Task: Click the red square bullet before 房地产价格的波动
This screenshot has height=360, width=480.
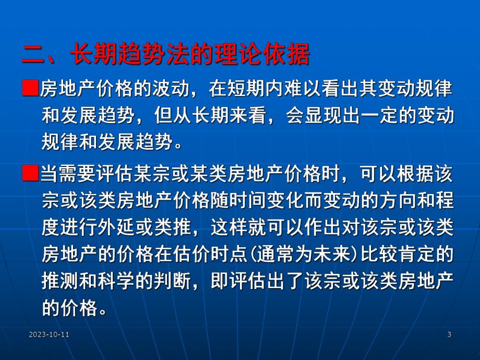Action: [31, 88]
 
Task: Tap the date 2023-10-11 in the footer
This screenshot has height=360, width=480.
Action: [50, 334]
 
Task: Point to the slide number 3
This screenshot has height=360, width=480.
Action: [449, 334]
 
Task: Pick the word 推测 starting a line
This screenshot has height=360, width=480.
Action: [58, 283]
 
